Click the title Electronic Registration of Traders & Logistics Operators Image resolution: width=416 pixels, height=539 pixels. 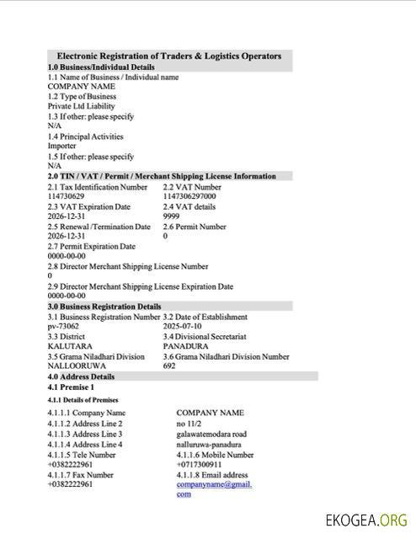pos(168,56)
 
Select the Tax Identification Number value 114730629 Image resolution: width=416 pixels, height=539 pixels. pos(66,196)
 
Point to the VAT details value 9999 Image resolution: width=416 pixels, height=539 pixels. pos(171,216)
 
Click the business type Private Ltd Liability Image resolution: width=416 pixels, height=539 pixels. pos(82,107)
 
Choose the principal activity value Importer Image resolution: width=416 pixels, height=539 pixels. pos(61,146)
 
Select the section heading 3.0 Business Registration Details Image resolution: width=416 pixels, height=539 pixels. pos(104,307)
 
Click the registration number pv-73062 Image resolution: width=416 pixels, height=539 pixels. pos(63,326)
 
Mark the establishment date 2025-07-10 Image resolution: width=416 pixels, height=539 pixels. pos(183,326)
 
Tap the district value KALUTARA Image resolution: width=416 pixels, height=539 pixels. pos(70,346)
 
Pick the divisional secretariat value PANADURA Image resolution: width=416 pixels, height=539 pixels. pos(185,346)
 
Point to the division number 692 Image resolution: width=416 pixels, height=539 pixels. pos(169,366)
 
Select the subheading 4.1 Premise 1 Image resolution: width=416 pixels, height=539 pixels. pos(71,387)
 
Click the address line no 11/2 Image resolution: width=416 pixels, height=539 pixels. pos(189,423)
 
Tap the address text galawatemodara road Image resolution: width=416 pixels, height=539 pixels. pos(211,434)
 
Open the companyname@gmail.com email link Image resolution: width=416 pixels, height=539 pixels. pos(214,484)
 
